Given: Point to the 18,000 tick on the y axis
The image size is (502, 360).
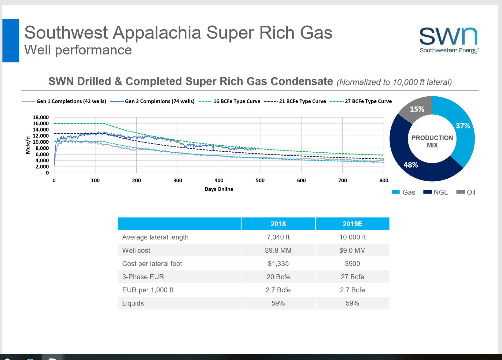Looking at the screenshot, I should pyautogui.click(x=41, y=117).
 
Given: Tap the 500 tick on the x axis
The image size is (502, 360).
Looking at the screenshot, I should pyautogui.click(x=260, y=180).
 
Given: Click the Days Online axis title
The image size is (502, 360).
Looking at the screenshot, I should pyautogui.click(x=219, y=189).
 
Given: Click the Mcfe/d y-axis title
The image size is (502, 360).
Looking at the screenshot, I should pyautogui.click(x=28, y=145).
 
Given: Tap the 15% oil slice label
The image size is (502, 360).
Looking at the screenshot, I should pyautogui.click(x=417, y=109).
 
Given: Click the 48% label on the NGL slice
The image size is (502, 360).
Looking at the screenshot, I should pyautogui.click(x=411, y=165).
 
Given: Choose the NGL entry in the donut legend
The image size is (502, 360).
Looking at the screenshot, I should pyautogui.click(x=440, y=192).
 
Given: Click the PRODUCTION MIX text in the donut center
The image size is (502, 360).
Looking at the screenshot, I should pyautogui.click(x=432, y=142).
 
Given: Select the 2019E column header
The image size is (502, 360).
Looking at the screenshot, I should pyautogui.click(x=352, y=224).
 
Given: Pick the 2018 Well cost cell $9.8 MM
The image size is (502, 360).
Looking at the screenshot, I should pyautogui.click(x=278, y=251).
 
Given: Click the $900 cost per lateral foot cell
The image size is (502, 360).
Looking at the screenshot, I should pyautogui.click(x=352, y=264).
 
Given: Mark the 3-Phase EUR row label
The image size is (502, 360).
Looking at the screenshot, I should pyautogui.click(x=143, y=277).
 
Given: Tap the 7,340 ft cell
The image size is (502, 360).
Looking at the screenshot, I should pyautogui.click(x=278, y=237).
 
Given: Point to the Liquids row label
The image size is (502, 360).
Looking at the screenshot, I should pyautogui.click(x=133, y=303).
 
